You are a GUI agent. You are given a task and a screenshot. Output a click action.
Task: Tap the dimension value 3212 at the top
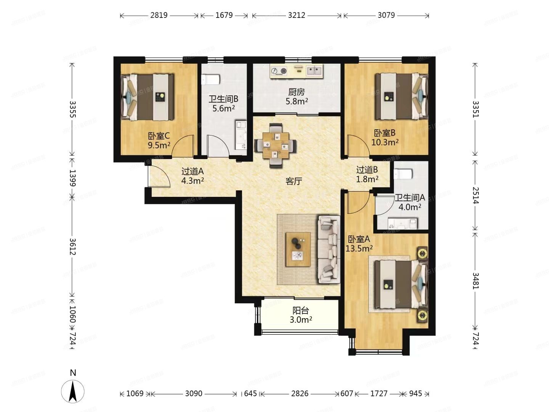coord(297,16)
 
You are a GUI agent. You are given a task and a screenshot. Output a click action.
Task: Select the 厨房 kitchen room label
coord(297,92)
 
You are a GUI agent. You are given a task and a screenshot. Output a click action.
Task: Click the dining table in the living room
coord(275,145)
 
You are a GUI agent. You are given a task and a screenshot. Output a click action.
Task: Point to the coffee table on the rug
coord(298,249)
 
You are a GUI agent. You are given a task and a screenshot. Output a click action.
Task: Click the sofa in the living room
coord(329,249)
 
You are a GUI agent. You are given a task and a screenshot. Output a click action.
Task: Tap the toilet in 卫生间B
coord(211,80)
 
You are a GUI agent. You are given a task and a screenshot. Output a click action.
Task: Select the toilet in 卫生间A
coord(403,174)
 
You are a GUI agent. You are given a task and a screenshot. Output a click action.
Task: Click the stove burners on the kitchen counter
coord(279,71)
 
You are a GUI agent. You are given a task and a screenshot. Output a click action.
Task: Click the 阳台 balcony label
coord(300,311)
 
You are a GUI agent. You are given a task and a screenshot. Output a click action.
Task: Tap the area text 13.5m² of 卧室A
coord(359,249)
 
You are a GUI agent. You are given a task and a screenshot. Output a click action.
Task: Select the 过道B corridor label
coord(367,170)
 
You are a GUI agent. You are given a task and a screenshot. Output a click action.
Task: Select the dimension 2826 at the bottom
coord(300,393)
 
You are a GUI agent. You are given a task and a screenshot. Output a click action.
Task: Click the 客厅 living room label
coord(294,181)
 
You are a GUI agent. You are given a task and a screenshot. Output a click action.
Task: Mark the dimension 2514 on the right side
coord(475,195)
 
